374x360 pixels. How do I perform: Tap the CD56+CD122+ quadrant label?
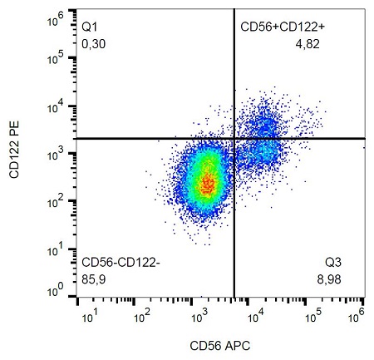(282, 27)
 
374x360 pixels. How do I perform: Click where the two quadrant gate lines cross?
(234, 138)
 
